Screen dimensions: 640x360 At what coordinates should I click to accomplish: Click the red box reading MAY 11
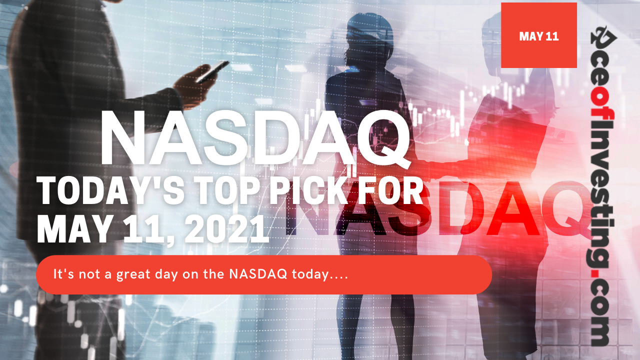click(539, 35)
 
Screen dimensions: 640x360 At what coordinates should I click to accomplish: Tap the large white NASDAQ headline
click(255, 138)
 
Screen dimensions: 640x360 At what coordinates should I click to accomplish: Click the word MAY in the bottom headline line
click(73, 229)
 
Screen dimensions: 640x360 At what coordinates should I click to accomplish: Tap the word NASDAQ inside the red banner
click(258, 274)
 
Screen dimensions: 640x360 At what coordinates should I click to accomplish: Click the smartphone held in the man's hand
click(213, 71)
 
